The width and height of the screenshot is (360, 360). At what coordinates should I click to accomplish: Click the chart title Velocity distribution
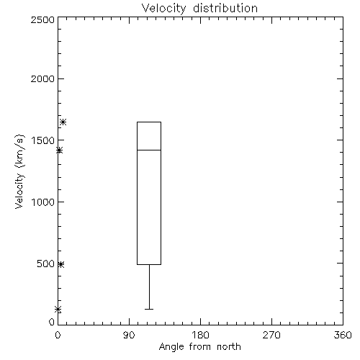[199, 9]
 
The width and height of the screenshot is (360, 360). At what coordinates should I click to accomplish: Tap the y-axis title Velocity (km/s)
[19, 171]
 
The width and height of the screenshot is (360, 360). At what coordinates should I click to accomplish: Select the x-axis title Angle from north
[199, 347]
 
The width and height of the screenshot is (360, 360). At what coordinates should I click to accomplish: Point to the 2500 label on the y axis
[42, 19]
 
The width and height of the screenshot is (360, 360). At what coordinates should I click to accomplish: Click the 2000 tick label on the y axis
[42, 78]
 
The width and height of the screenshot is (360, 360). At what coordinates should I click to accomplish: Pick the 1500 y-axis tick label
[43, 140]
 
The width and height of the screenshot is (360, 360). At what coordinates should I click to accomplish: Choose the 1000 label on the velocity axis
[43, 202]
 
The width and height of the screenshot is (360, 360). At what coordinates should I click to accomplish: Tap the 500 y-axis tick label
[46, 264]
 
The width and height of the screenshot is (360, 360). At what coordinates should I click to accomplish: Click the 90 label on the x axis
[129, 335]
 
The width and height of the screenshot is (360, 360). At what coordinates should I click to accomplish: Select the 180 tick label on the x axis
[200, 335]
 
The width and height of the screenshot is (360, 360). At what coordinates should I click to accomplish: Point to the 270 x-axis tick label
[271, 335]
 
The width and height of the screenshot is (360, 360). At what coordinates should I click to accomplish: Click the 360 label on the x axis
[343, 335]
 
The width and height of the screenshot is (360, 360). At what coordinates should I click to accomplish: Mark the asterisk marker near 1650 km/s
[63, 122]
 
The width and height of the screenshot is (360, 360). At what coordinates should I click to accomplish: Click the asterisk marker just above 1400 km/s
[59, 150]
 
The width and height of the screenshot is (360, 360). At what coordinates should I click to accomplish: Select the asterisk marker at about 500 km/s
[61, 264]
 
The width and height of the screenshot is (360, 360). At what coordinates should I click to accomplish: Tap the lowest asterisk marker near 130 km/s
[58, 310]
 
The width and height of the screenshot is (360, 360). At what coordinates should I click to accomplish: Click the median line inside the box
[149, 150]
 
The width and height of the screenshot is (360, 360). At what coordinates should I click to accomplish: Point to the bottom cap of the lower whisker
[149, 309]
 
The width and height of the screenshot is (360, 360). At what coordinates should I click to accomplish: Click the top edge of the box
[149, 122]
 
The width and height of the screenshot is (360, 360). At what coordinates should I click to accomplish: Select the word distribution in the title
[225, 9]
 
